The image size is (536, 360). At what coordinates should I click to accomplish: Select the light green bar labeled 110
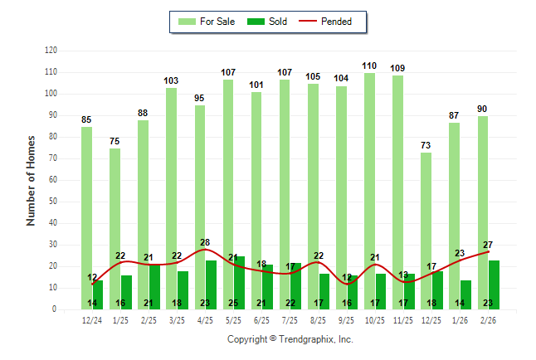(369, 191)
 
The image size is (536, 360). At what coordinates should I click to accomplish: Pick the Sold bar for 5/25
(239, 283)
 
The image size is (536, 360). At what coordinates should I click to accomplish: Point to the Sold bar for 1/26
(466, 294)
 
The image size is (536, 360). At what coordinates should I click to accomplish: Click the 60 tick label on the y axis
(52, 180)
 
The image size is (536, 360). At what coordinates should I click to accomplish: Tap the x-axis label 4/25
(205, 320)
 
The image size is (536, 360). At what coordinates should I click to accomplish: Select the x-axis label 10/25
(375, 320)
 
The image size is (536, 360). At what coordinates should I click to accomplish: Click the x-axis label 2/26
(488, 320)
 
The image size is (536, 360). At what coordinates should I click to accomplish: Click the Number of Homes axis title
(32, 180)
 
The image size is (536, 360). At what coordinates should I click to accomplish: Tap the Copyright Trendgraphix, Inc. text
(290, 339)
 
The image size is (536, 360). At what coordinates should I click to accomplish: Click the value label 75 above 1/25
(115, 141)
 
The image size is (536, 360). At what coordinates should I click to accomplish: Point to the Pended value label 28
(205, 242)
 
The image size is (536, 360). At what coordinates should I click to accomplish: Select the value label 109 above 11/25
(397, 68)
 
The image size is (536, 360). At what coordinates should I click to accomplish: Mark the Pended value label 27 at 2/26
(488, 245)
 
